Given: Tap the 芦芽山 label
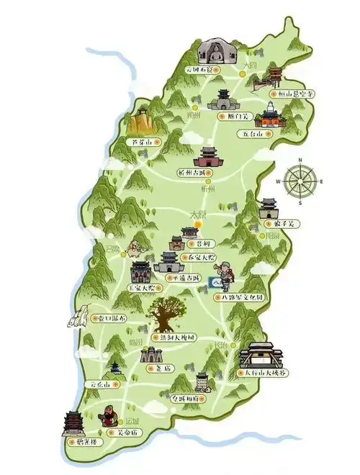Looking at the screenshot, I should click(x=142, y=142).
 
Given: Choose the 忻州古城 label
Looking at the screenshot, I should click(x=197, y=173).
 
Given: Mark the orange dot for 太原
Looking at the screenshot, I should click(x=198, y=224).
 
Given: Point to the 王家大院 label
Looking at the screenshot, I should click(x=142, y=286).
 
